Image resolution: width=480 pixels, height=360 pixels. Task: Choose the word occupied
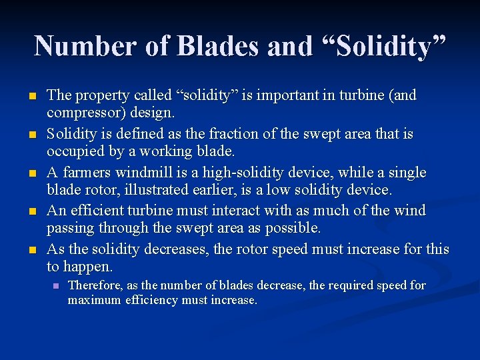pyautogui.click(x=74, y=151)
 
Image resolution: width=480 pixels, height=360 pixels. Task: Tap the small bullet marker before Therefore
pyautogui.click(x=56, y=286)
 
